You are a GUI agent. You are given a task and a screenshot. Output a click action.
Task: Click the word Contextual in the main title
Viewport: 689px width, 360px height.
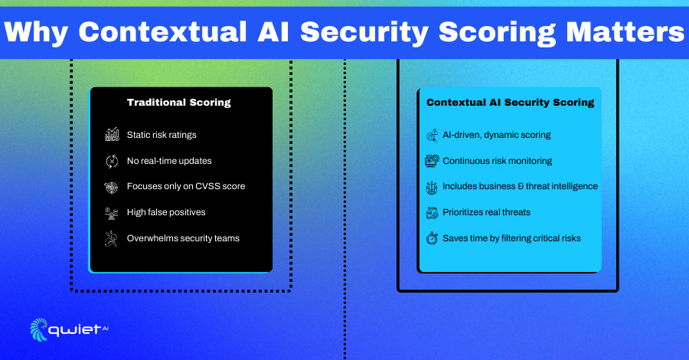[162, 32]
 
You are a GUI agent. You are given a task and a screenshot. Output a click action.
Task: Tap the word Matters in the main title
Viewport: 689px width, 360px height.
[625, 32]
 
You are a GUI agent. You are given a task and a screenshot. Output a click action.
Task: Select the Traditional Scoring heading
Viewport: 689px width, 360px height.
[179, 103]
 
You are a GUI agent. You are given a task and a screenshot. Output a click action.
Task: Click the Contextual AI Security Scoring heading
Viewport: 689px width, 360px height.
[510, 103]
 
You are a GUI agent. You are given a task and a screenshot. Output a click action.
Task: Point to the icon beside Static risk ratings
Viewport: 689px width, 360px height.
[112, 135]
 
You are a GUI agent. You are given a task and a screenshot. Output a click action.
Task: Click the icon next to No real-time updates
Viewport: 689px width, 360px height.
[112, 161]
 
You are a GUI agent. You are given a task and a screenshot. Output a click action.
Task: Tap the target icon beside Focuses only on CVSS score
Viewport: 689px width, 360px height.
[111, 187]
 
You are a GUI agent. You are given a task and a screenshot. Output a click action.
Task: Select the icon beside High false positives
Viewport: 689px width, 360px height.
[111, 213]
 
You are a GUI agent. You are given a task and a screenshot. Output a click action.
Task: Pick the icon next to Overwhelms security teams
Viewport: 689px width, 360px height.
[111, 239]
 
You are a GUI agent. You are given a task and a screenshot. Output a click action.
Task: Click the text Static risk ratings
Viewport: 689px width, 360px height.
[162, 135]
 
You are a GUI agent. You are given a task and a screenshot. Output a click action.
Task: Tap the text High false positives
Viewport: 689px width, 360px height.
[166, 212]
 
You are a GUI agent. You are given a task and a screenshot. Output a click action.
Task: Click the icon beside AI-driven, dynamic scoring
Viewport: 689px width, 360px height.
[432, 136]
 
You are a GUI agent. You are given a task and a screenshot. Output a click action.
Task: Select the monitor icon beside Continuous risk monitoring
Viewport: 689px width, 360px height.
[432, 161]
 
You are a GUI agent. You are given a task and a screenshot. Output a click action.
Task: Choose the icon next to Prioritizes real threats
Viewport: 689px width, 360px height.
[432, 213]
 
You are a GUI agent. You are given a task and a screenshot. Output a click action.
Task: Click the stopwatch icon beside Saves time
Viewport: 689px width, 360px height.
[432, 238]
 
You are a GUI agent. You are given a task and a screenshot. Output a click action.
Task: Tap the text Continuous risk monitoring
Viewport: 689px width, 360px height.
[498, 161]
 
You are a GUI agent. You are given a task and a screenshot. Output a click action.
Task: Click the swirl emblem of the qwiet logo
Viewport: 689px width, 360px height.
[39, 329]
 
